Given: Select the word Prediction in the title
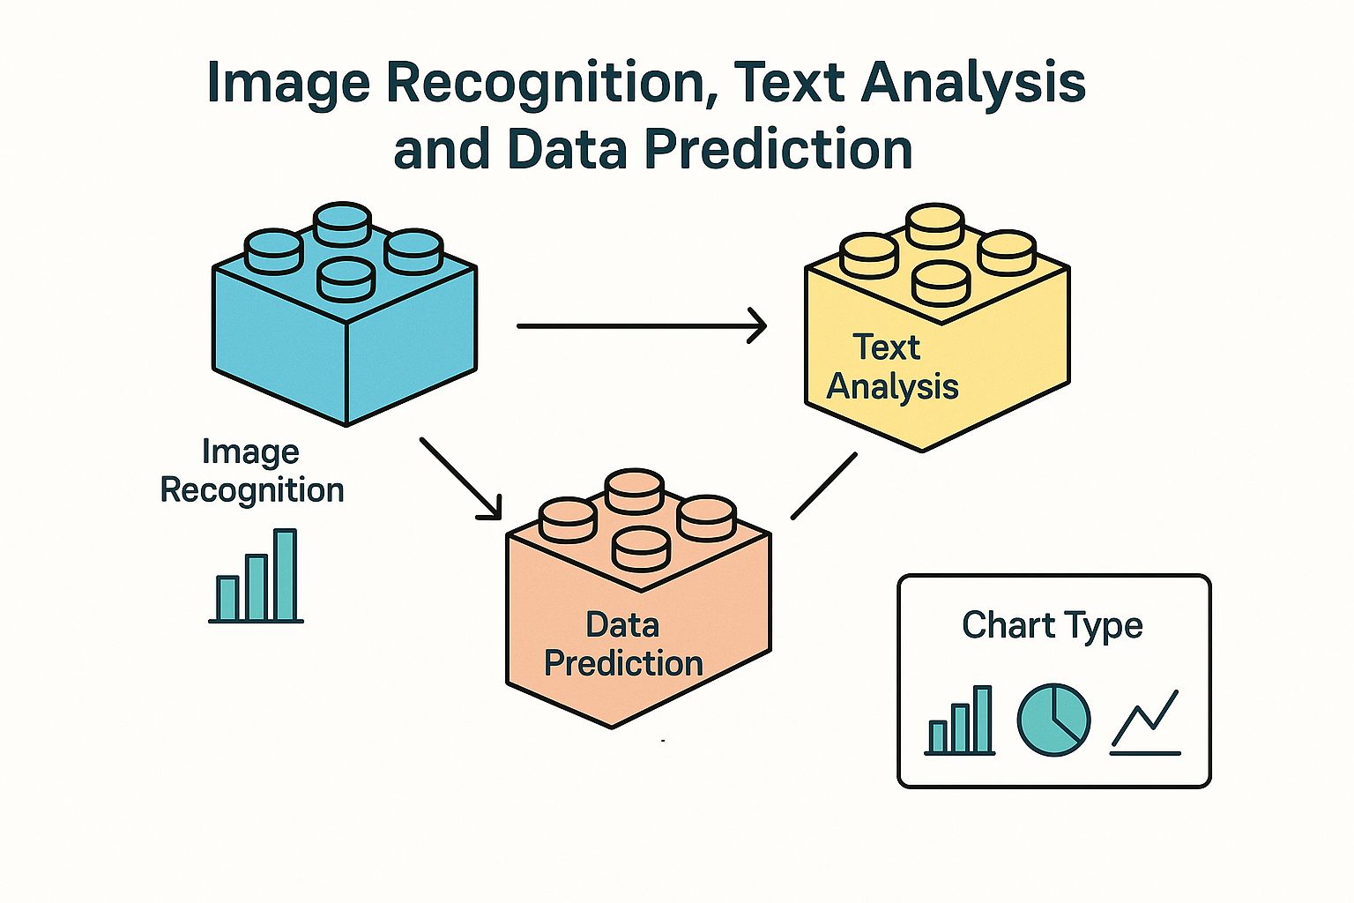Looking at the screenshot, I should (x=779, y=149).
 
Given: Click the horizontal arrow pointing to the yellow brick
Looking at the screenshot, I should (x=641, y=326).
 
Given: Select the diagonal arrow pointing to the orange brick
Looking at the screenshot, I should (x=460, y=478).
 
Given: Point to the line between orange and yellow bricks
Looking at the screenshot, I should (x=823, y=486).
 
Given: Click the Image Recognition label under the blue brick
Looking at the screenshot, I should (x=252, y=471).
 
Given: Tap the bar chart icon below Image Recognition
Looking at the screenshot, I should (x=257, y=578).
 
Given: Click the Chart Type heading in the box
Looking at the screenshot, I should (x=1053, y=625).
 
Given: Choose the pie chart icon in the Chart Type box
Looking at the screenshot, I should (x=1053, y=720).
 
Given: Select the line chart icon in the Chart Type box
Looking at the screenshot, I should (x=1145, y=723).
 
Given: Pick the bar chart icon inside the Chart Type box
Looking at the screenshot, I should (x=960, y=721).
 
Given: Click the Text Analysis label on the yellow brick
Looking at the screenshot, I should (x=891, y=367).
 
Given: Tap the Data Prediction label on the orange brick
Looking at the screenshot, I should (x=623, y=645).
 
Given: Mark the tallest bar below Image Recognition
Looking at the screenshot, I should (x=285, y=575).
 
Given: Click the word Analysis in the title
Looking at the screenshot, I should (x=974, y=84).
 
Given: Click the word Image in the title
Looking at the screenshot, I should (x=288, y=84).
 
